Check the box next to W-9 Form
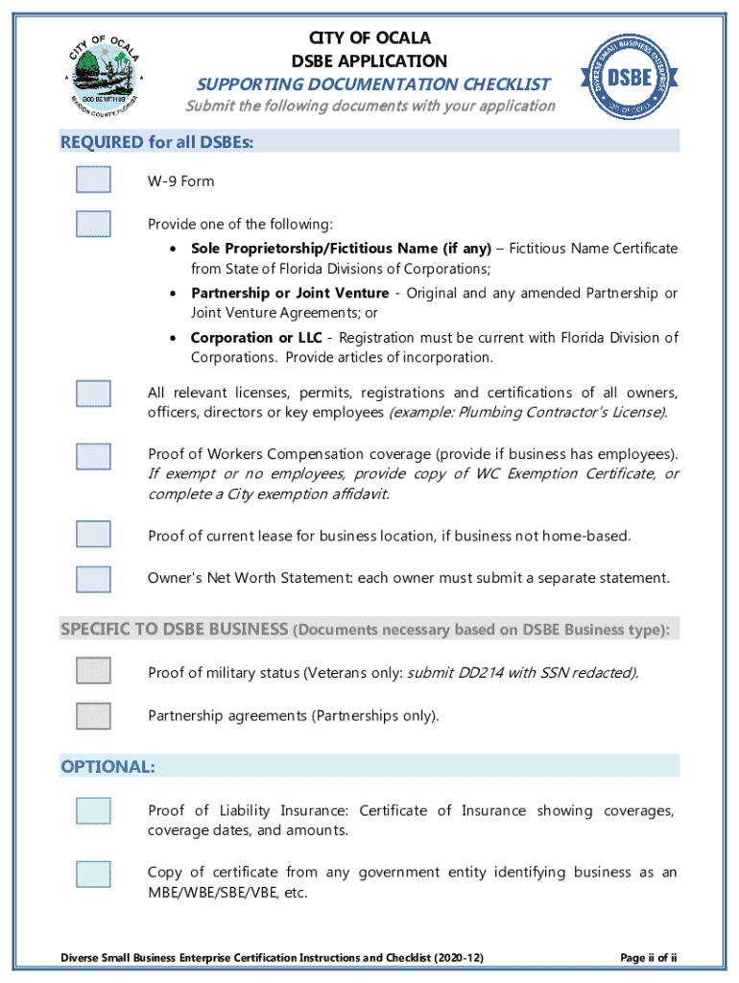(94, 180)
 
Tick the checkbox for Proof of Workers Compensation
(94, 455)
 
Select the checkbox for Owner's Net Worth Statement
(94, 579)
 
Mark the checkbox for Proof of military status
(94, 670)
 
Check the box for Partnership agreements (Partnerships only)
(94, 715)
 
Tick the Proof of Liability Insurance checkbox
(94, 811)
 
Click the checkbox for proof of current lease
(94, 534)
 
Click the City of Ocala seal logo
(105, 72)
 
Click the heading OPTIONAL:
(107, 766)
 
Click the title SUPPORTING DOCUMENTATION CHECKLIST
(373, 84)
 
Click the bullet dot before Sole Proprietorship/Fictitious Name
(171, 250)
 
